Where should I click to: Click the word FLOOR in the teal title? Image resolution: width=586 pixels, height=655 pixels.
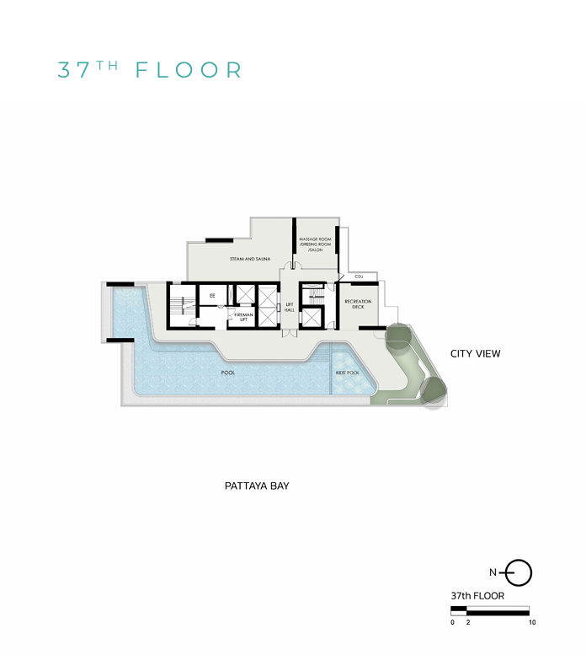point(189,69)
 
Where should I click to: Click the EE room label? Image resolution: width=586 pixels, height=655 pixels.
point(212,296)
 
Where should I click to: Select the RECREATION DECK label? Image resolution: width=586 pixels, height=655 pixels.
point(358,304)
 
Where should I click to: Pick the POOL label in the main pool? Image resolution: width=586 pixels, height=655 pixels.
point(228,371)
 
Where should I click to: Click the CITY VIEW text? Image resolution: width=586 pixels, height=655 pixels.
point(475,354)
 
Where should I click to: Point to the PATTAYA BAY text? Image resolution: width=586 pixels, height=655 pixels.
point(257,486)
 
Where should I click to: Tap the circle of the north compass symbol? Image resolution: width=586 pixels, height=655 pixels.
point(520,573)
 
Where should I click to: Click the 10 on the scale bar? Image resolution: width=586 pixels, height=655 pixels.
point(530,622)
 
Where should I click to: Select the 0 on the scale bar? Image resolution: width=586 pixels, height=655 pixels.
point(452,622)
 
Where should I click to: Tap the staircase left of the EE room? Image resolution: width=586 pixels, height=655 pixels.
point(180,307)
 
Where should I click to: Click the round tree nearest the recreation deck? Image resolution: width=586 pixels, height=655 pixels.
point(397,339)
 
